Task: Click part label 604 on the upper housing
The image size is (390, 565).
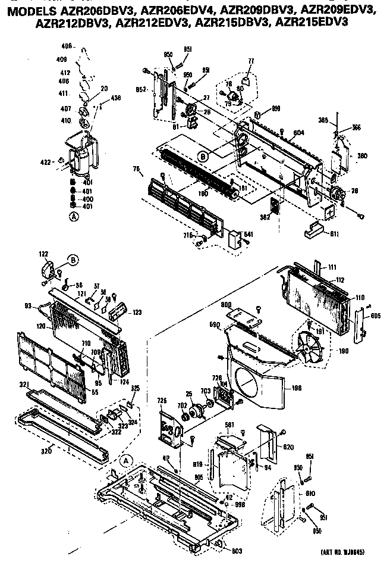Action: (298, 133)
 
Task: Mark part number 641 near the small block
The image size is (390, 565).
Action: (248, 234)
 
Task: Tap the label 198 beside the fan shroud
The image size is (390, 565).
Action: (297, 388)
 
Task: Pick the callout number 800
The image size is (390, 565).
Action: (227, 305)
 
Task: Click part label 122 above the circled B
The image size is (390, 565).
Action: (44, 254)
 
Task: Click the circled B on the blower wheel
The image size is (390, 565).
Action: (203, 157)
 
